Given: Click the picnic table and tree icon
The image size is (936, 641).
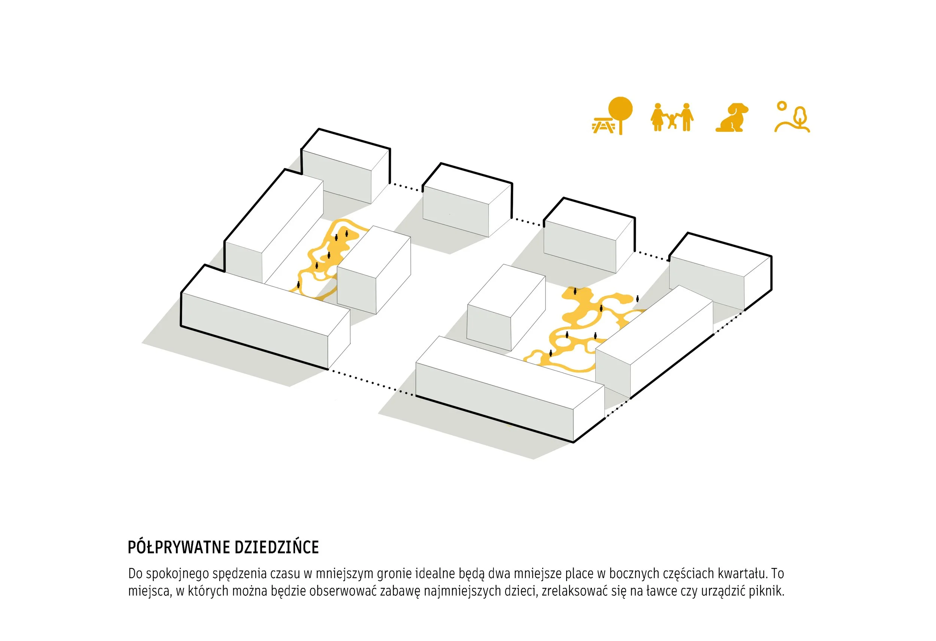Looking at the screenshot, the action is coord(613,116).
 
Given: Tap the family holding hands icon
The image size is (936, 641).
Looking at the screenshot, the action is coord(672,117).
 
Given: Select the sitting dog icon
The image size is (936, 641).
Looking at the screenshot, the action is coord(732,117).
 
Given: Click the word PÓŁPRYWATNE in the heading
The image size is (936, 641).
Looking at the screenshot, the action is coord(179,547).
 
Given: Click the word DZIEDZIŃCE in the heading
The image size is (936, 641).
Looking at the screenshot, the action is coord(277,547).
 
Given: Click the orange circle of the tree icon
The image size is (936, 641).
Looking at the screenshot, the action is coord(620,109).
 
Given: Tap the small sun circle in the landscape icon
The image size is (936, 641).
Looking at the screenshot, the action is coord(782,106).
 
